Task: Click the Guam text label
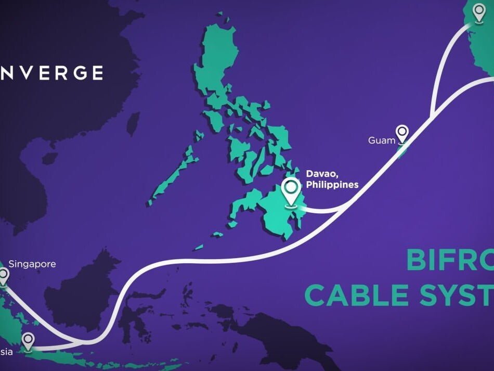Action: tap(382, 140)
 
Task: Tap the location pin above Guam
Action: tap(402, 133)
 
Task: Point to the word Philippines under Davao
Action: tap(332, 185)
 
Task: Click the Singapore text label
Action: tap(32, 264)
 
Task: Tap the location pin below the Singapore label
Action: tap(4, 276)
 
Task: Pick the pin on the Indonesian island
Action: tap(28, 341)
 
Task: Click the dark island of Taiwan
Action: tap(134, 123)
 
